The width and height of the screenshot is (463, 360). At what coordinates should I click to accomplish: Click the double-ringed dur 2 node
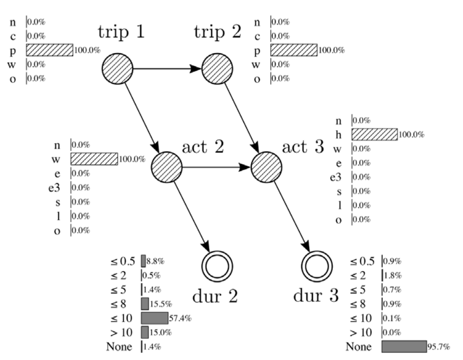click(x=216, y=264)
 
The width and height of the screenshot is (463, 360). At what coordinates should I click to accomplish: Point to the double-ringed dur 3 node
click(x=317, y=264)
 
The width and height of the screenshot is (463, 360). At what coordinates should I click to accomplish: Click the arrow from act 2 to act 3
click(x=216, y=167)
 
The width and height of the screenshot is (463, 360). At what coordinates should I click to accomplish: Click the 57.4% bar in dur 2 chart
click(x=154, y=317)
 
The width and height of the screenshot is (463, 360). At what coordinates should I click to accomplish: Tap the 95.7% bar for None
click(x=403, y=346)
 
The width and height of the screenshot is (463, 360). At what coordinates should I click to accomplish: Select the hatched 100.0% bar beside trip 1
click(x=50, y=50)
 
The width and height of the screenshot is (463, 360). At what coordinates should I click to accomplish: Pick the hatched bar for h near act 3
click(x=374, y=134)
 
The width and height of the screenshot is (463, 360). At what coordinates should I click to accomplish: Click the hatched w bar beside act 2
click(x=94, y=159)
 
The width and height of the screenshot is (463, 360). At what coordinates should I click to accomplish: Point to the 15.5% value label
click(x=159, y=303)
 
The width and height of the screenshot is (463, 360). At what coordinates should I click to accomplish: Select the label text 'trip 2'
click(x=217, y=33)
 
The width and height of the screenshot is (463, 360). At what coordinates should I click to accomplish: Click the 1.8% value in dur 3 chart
click(x=393, y=275)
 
